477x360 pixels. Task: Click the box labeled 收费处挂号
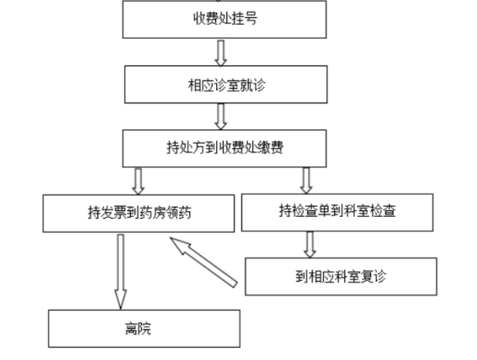(225, 19)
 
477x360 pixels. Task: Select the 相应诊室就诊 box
(226, 84)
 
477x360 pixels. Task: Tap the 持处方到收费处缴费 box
(225, 148)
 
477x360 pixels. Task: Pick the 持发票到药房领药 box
(139, 214)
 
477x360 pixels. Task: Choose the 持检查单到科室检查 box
(338, 213)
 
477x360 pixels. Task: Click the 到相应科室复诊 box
(341, 276)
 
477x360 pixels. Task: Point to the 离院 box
(144, 329)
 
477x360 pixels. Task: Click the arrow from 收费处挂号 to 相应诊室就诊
(221, 53)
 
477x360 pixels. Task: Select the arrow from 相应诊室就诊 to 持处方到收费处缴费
(221, 116)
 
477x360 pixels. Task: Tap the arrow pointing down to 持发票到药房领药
(138, 182)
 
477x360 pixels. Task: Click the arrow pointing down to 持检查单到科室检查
(307, 181)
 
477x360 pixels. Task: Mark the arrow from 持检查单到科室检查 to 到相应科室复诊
(310, 245)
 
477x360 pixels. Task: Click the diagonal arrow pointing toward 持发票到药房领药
(203, 263)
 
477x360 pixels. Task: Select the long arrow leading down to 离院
(121, 272)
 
